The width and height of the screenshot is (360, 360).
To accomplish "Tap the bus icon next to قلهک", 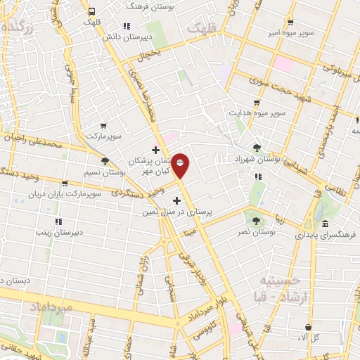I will [91, 11].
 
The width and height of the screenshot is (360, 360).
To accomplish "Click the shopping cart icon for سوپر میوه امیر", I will [290, 21].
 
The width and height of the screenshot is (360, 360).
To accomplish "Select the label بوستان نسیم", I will [105, 172].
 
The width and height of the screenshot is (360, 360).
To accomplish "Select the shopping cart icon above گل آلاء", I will [308, 327].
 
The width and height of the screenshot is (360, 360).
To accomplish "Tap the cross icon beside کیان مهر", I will [155, 149].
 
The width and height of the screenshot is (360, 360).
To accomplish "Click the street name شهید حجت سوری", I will [255, 85].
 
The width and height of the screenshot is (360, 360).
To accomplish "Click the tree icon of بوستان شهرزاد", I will [257, 148].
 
